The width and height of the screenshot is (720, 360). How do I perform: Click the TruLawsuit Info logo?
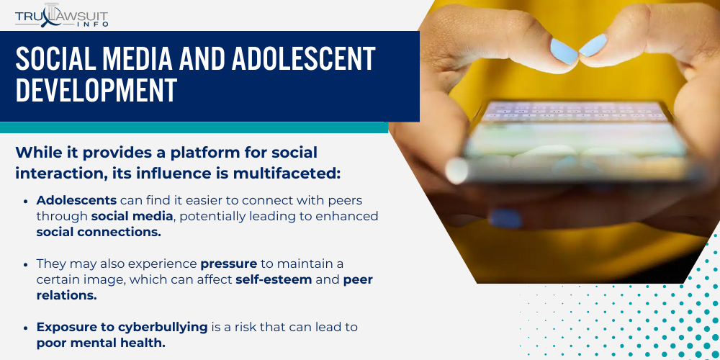pyautogui.click(x=62, y=15)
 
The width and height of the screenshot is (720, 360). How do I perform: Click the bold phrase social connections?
pyautogui.click(x=99, y=232)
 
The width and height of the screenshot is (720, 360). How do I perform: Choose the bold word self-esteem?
pyautogui.click(x=274, y=279)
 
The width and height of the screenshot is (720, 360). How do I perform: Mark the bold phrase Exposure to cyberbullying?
pyautogui.click(x=122, y=327)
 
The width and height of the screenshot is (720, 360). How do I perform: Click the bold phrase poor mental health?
pyautogui.click(x=101, y=343)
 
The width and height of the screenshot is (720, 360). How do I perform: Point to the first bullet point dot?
pyautogui.click(x=27, y=200)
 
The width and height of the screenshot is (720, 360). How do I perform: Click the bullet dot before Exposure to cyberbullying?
pyautogui.click(x=27, y=328)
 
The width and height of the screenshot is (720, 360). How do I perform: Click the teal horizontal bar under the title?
pyautogui.click(x=194, y=127)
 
